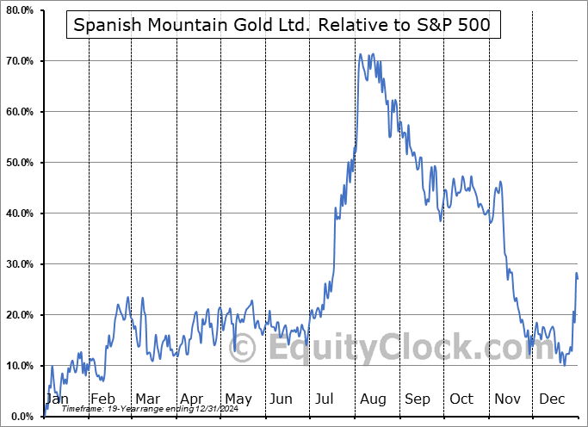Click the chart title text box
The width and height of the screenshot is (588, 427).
[282, 25]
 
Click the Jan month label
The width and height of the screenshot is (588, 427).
[57, 399]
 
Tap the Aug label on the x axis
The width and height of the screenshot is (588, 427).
[373, 399]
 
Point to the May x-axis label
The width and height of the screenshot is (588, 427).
[238, 399]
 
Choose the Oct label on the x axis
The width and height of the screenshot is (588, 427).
[461, 399]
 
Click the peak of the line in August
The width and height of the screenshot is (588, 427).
[361, 54]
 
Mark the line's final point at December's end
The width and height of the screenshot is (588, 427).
[577, 277]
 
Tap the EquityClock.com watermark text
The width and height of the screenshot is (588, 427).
[400, 349]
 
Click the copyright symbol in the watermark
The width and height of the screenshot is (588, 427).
[242, 349]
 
